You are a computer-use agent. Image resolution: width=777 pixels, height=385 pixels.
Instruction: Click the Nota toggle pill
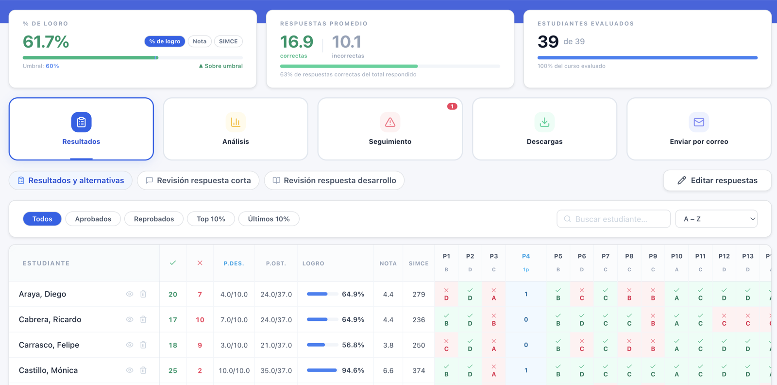click(x=200, y=41)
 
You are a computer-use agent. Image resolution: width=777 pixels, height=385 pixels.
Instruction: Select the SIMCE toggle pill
click(x=228, y=41)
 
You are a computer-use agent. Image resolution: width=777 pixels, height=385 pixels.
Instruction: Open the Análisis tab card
click(x=236, y=129)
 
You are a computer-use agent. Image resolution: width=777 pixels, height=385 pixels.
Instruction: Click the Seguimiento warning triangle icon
click(x=390, y=122)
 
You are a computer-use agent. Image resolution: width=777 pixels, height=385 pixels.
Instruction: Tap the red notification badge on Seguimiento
click(x=452, y=106)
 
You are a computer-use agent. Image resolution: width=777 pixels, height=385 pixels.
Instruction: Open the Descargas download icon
click(x=544, y=122)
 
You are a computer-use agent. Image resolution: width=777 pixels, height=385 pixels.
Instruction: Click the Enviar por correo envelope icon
click(x=699, y=122)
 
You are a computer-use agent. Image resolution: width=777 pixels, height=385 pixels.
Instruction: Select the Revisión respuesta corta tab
click(x=198, y=180)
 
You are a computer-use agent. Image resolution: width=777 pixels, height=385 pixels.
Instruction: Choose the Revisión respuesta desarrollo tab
click(x=335, y=180)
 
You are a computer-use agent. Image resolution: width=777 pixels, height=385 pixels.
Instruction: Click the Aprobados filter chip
click(x=93, y=219)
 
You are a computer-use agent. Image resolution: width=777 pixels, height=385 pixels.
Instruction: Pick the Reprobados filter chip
click(x=153, y=219)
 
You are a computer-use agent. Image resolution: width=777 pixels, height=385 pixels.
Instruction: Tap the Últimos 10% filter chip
click(x=269, y=219)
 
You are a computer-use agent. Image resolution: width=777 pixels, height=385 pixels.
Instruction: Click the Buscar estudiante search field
click(x=613, y=219)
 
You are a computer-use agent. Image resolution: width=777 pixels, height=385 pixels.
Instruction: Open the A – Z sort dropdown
click(x=716, y=219)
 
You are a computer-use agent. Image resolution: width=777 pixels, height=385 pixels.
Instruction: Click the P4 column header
click(x=526, y=256)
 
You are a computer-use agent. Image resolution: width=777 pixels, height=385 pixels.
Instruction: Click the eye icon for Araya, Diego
click(x=129, y=294)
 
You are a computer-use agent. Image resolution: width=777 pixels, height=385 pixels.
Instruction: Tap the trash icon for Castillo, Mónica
click(x=143, y=370)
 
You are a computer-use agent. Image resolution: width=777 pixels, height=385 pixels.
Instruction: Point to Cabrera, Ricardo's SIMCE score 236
click(x=419, y=319)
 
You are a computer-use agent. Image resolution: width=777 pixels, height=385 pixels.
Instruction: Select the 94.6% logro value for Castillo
click(x=353, y=370)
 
